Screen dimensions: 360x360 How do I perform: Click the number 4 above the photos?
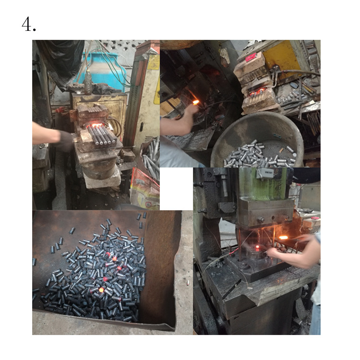point(28,24)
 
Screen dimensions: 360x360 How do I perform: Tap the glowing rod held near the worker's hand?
point(195,102)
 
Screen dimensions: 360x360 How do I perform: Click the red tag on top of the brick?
point(251,57)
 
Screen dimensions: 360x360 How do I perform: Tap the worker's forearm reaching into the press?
point(298,250)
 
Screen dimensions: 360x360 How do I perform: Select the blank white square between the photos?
point(176,189)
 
